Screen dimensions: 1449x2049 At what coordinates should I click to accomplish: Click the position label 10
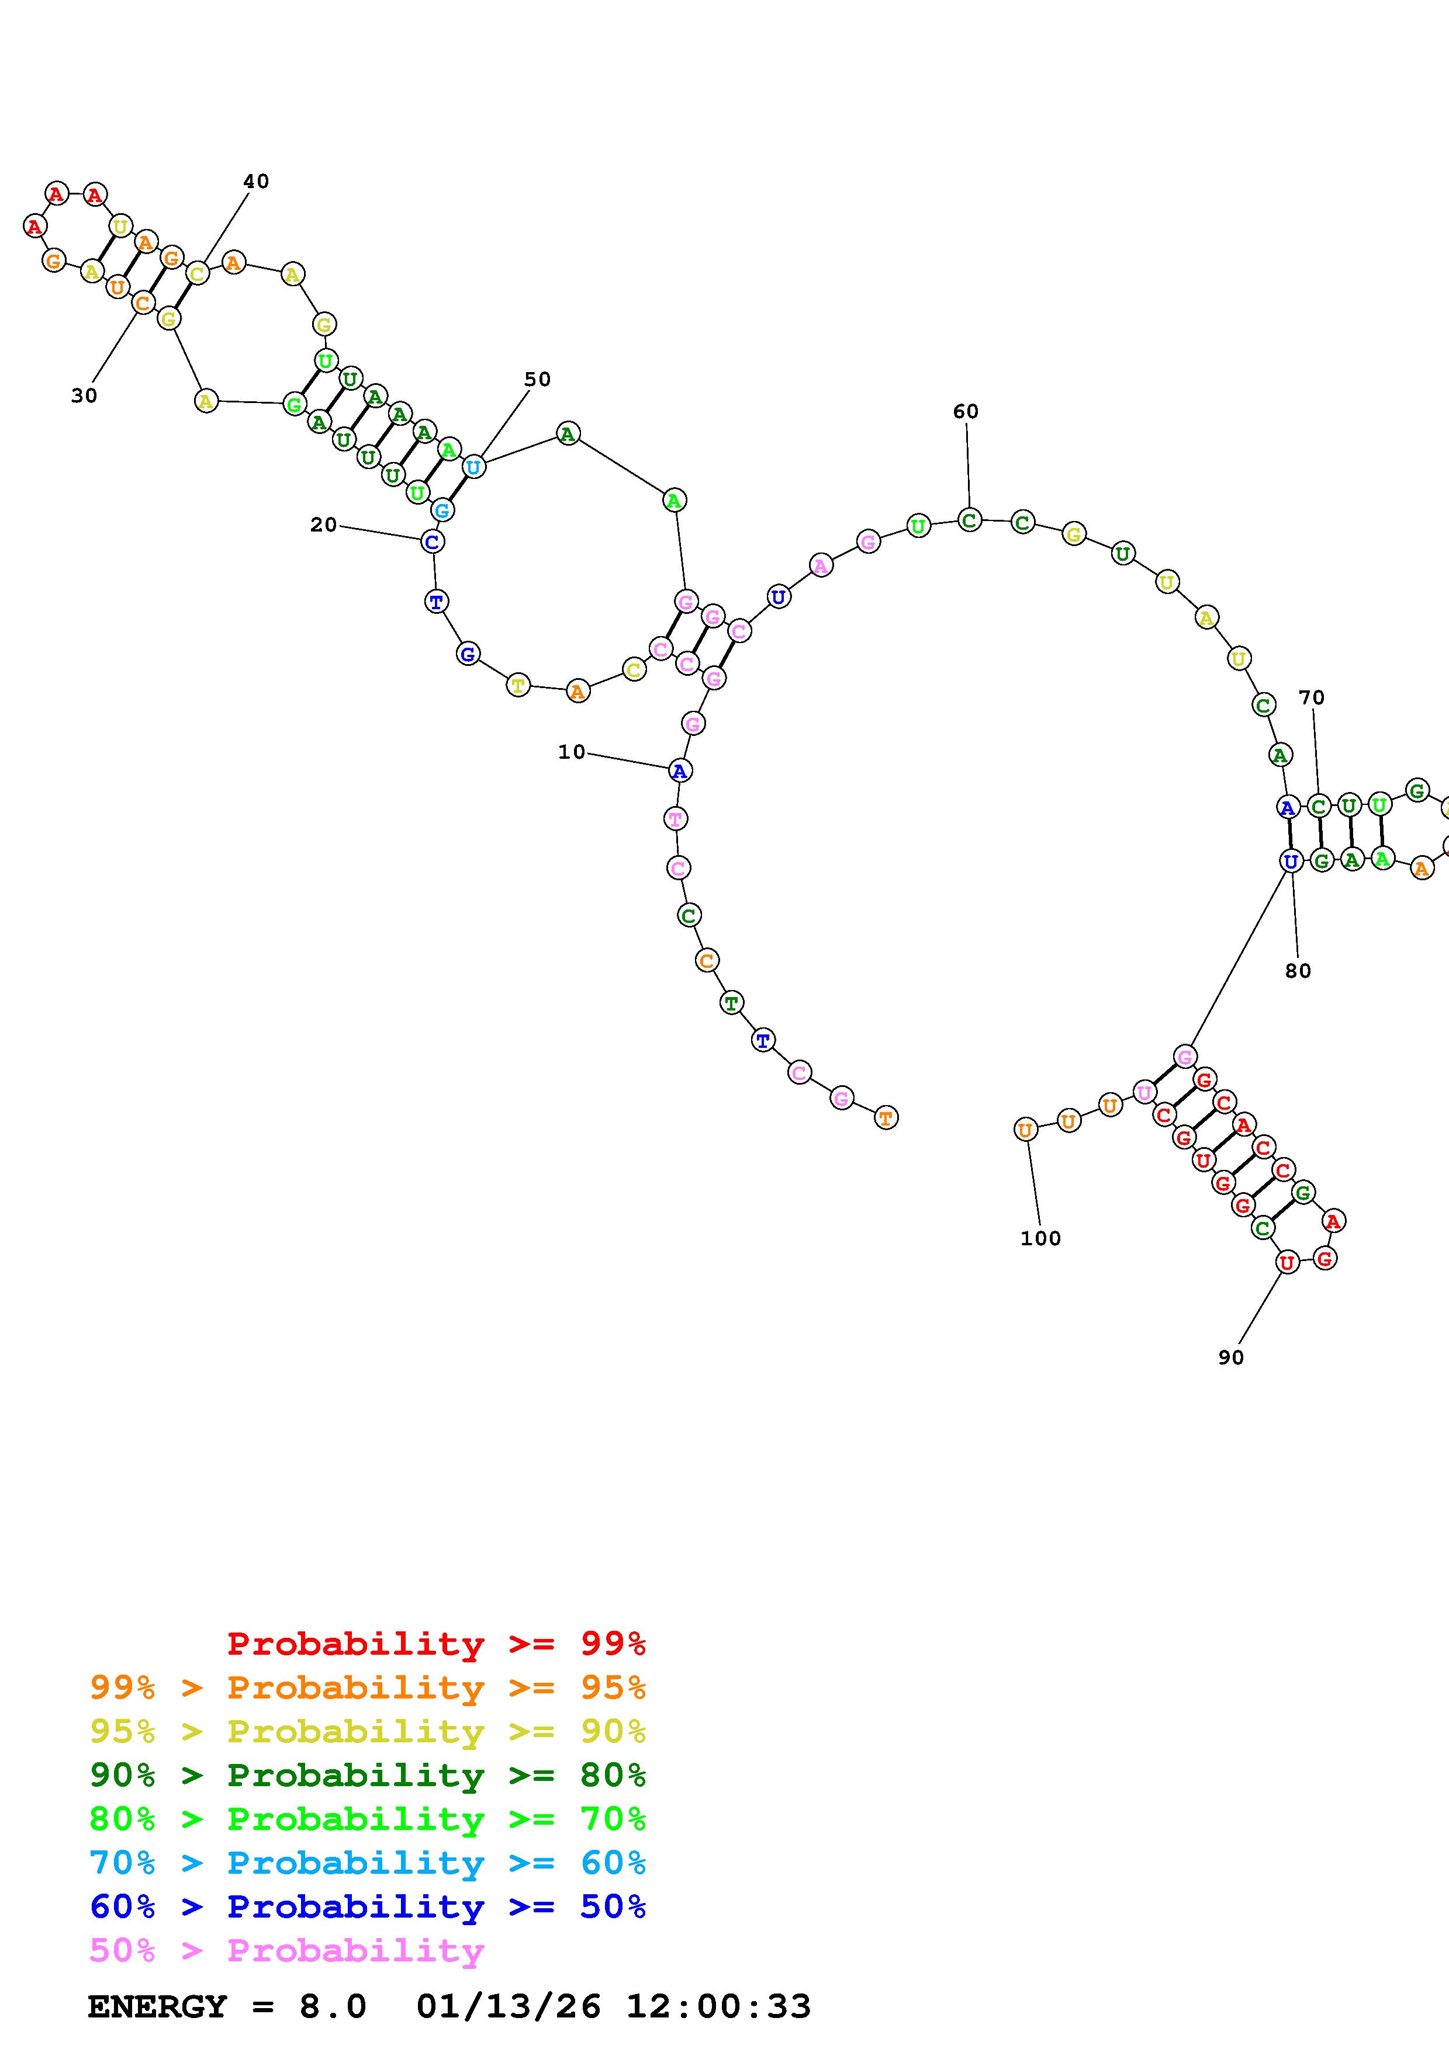pyautogui.click(x=572, y=752)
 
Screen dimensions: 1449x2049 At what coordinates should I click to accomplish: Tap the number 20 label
pyautogui.click(x=323, y=525)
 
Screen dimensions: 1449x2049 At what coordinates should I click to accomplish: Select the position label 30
pyautogui.click(x=84, y=395)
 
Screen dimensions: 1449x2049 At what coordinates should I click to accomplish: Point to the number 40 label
pyautogui.click(x=256, y=181)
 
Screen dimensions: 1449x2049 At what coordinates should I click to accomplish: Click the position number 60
pyautogui.click(x=966, y=411)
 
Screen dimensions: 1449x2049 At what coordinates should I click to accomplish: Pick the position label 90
pyautogui.click(x=1231, y=1357)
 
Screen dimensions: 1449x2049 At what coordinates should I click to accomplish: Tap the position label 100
pyautogui.click(x=1041, y=1239)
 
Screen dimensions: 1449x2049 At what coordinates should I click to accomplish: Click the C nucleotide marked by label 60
pyautogui.click(x=970, y=519)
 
